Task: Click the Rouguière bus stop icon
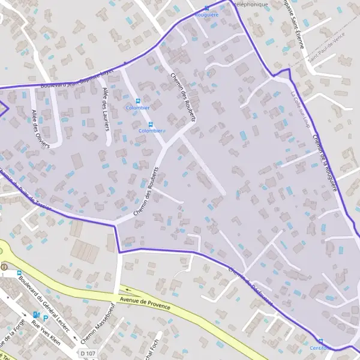[x=207, y=8]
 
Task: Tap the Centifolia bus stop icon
[x=320, y=341]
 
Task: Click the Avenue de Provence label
[x=145, y=302]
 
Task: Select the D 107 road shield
[x=88, y=354]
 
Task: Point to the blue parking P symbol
[x=46, y=318]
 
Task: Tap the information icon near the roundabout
[x=4, y=267]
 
